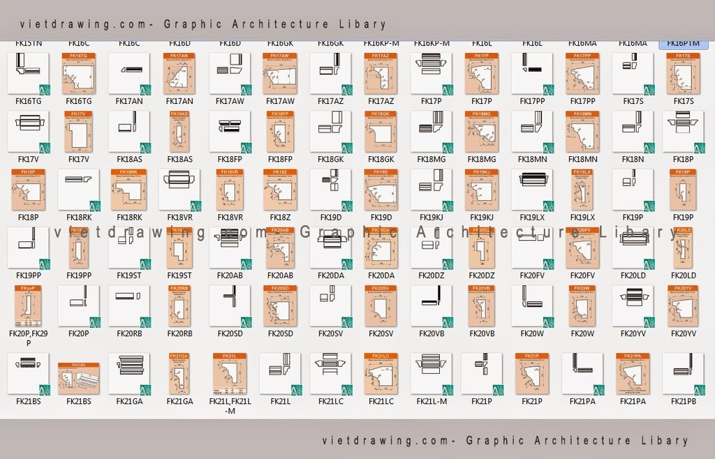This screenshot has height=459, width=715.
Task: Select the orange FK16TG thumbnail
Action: tap(79, 73)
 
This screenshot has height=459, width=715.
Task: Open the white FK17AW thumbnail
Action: tap(230, 73)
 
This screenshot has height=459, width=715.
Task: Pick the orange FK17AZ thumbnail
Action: tap(381, 73)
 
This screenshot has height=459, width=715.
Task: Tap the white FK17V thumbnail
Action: tap(29, 131)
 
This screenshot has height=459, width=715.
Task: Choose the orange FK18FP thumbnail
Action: tap(280, 131)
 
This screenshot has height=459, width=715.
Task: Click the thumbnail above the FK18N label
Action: tap(633, 131)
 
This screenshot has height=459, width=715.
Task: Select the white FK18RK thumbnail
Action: tap(78, 189)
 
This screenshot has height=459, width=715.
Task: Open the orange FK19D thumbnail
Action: tap(381, 189)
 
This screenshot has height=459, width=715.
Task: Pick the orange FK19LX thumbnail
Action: tap(582, 189)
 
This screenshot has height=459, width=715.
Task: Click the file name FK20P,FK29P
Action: tap(29, 338)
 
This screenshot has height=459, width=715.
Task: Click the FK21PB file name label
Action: tap(683, 401)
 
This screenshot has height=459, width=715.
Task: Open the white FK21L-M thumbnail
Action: tap(431, 373)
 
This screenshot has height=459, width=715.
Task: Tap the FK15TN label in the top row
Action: tap(29, 43)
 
